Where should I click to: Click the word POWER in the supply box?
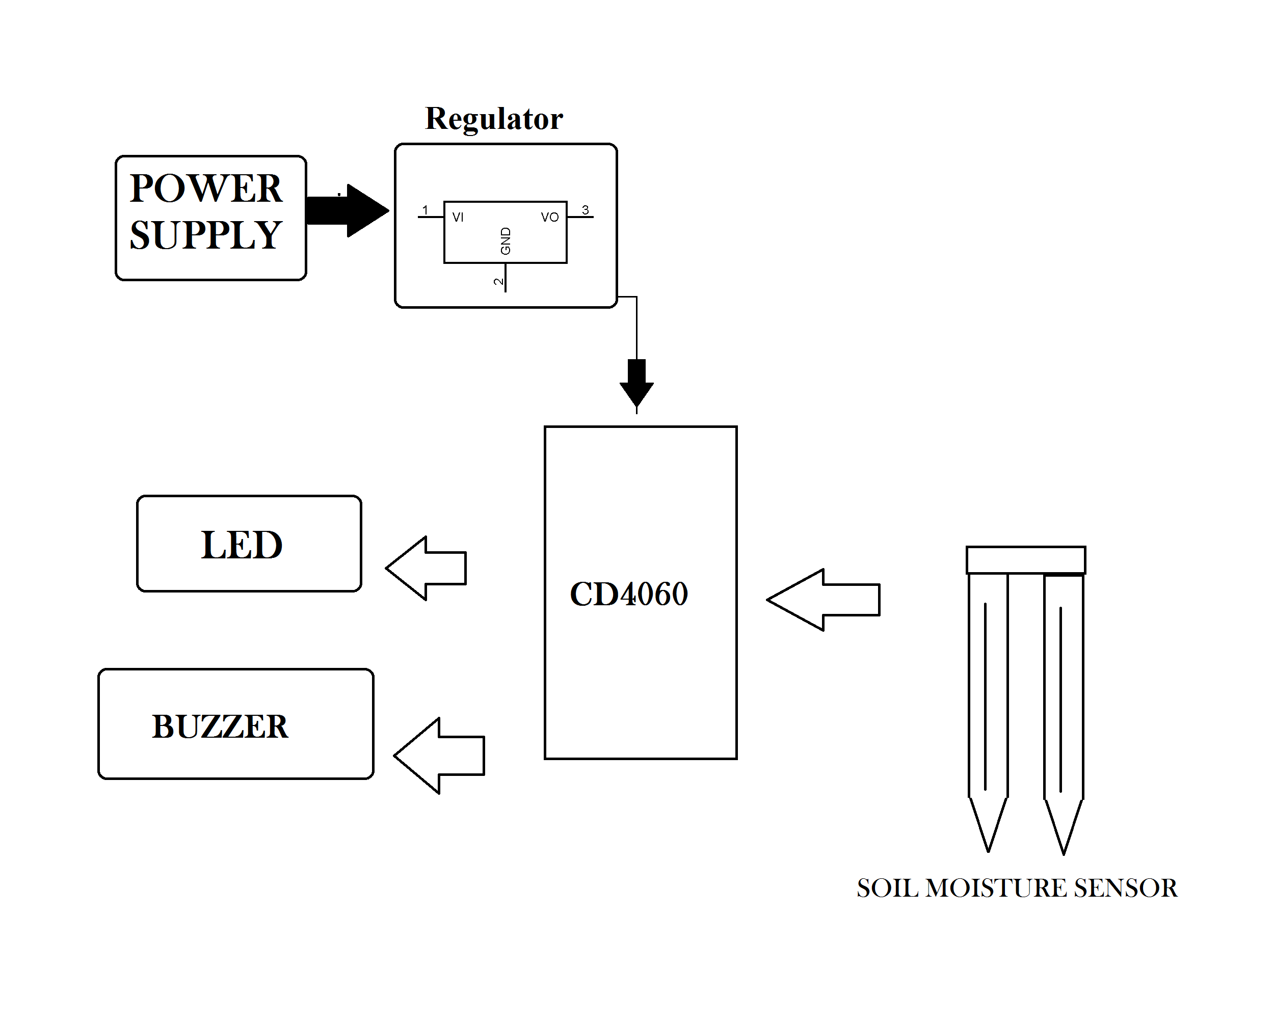click(206, 189)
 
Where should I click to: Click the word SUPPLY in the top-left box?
click(206, 236)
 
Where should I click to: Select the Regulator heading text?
click(494, 119)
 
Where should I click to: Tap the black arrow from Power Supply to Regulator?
click(349, 211)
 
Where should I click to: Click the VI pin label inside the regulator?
click(458, 218)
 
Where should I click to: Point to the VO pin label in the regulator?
click(549, 218)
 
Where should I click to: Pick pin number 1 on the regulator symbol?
click(425, 210)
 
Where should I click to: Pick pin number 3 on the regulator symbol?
click(585, 210)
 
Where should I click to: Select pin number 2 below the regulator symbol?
click(499, 282)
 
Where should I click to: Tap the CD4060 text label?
click(629, 594)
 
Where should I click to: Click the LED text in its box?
click(242, 545)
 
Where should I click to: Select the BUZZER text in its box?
click(220, 727)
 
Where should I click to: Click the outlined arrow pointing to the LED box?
click(427, 568)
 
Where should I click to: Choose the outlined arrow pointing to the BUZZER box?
click(440, 756)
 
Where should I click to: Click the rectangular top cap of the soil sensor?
click(1026, 559)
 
